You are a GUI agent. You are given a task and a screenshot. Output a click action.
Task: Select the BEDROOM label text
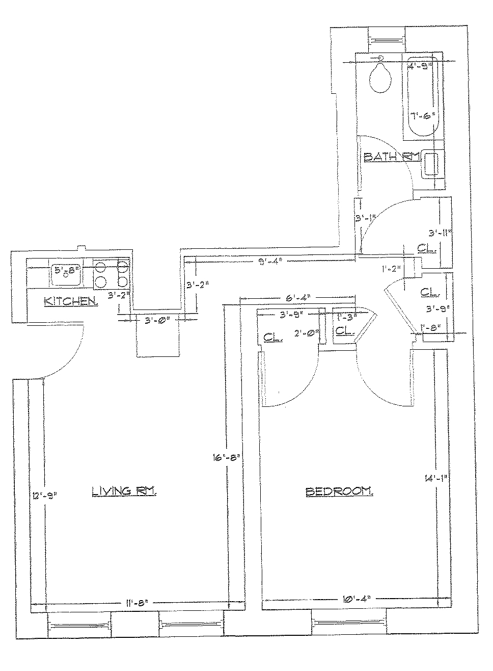[339, 492]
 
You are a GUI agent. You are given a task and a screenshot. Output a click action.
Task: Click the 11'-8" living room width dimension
[136, 603]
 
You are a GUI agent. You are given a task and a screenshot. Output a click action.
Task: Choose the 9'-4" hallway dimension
[269, 263]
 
